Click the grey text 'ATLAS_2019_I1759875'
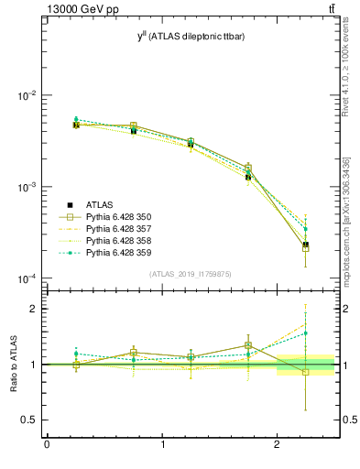click(x=190, y=274)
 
